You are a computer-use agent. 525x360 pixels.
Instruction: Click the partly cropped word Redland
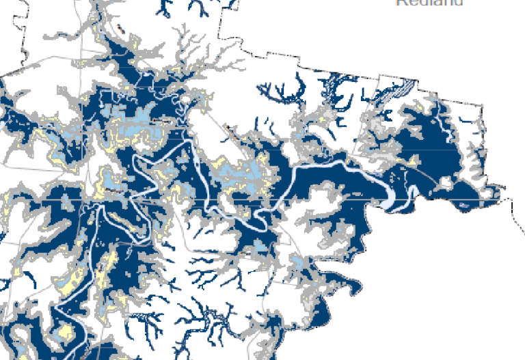pos(429,3)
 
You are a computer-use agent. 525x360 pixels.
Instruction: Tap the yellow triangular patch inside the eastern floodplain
pos(413,161)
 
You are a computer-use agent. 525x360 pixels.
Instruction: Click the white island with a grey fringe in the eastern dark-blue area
pos(445,183)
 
